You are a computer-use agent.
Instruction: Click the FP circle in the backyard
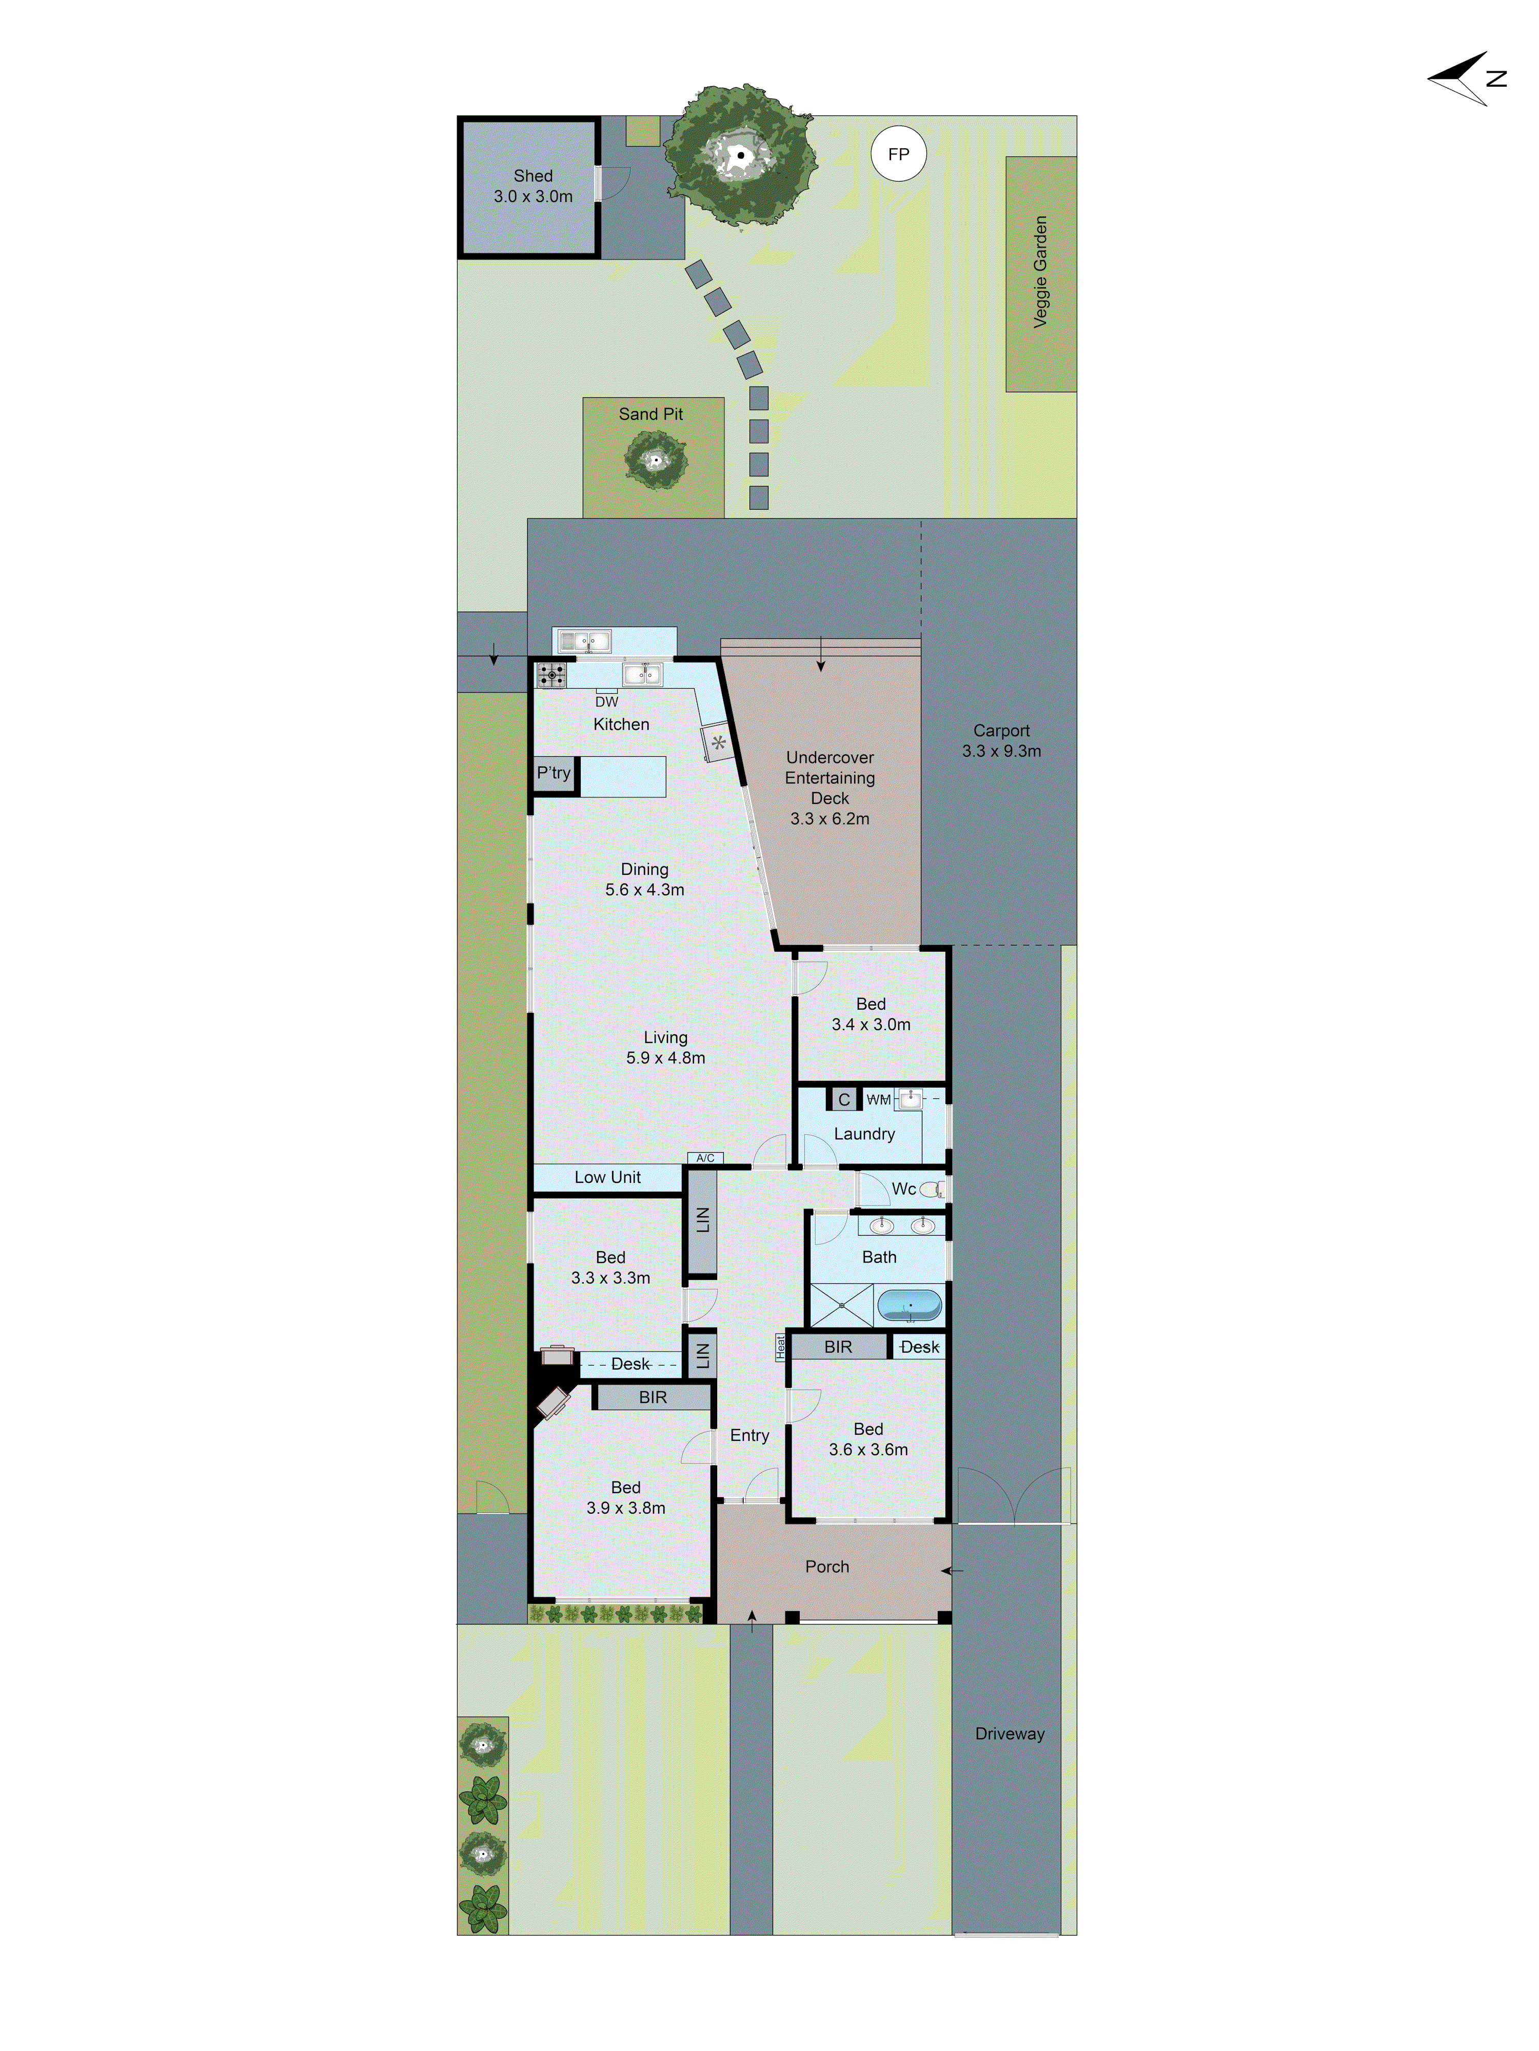pyautogui.click(x=898, y=154)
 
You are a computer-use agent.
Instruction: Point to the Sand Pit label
pyautogui.click(x=650, y=414)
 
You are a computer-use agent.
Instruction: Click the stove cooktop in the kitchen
pyautogui.click(x=551, y=675)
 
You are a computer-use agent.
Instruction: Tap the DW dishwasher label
pyautogui.click(x=607, y=702)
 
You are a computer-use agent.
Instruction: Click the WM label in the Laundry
pyautogui.click(x=878, y=1100)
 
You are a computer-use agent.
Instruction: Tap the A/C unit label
pyautogui.click(x=705, y=1158)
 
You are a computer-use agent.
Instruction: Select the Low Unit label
pyautogui.click(x=607, y=1178)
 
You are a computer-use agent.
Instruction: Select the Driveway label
pyautogui.click(x=1009, y=1734)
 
